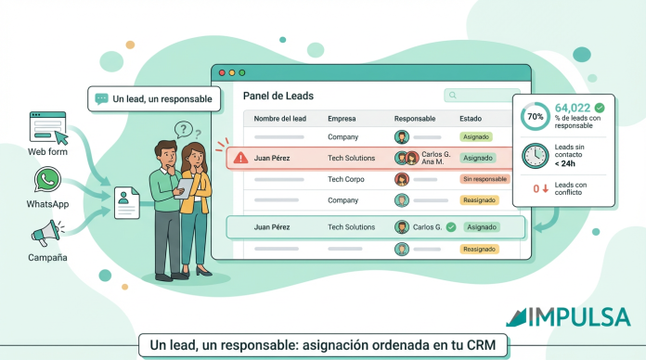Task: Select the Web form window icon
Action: pyautogui.click(x=47, y=126)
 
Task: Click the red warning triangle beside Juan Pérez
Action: pyautogui.click(x=240, y=158)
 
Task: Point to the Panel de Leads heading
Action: pyautogui.click(x=278, y=96)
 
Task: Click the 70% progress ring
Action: pyautogui.click(x=536, y=118)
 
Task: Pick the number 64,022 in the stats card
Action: pyautogui.click(x=573, y=108)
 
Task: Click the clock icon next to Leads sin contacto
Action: pyautogui.click(x=535, y=156)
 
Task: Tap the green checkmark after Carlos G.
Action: pyautogui.click(x=450, y=226)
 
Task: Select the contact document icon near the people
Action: pyautogui.click(x=127, y=203)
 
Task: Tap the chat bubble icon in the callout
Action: pyautogui.click(x=101, y=98)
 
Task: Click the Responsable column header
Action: pyautogui.click(x=414, y=119)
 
